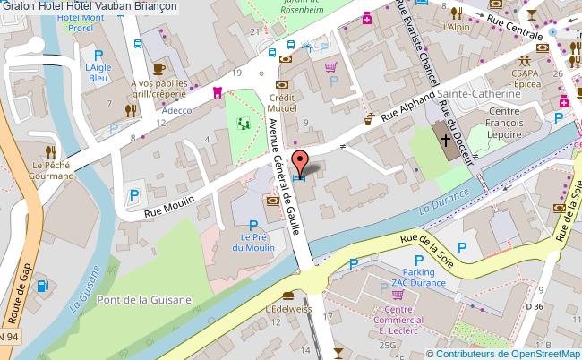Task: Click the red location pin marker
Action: [302, 164]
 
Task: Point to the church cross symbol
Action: [447, 140]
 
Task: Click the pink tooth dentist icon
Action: [216, 91]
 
